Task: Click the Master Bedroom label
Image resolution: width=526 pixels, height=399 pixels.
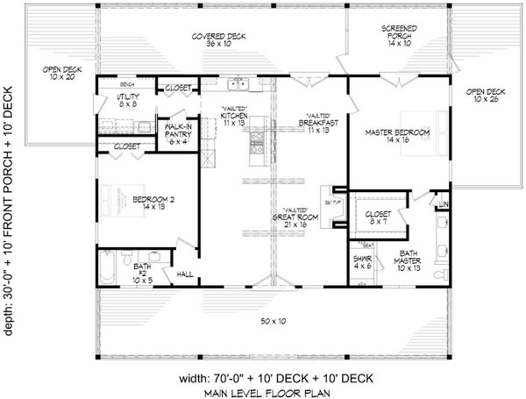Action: (x=397, y=135)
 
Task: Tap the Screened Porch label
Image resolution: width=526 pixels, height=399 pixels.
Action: (x=398, y=37)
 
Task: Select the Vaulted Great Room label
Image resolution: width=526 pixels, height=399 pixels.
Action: (x=295, y=218)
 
